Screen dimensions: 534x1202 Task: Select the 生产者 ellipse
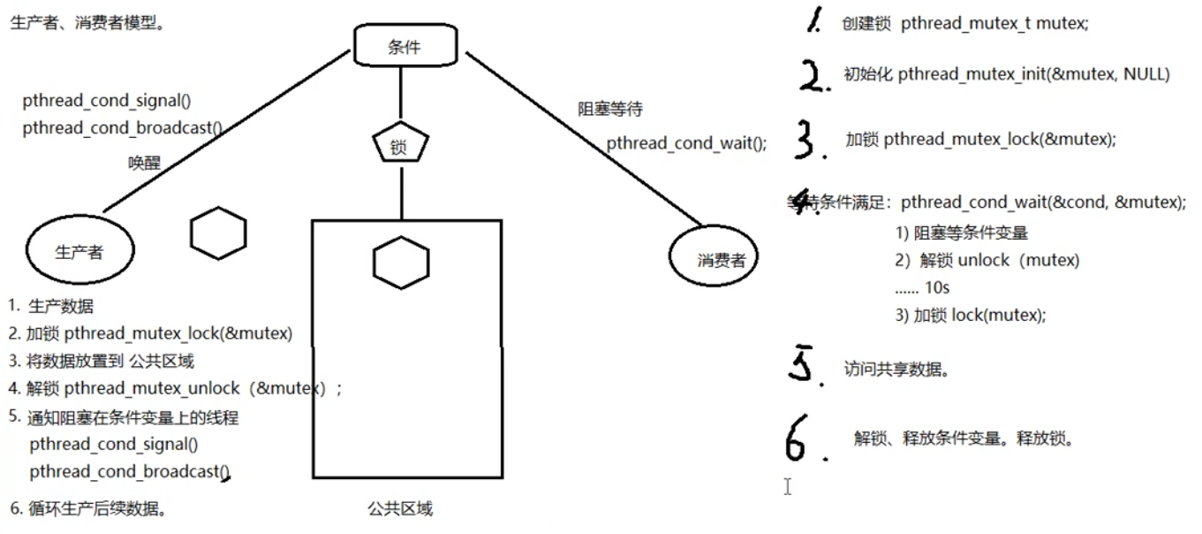(x=80, y=251)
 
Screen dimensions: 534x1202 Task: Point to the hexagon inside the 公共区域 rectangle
(x=401, y=263)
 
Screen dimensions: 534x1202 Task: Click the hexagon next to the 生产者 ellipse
(x=217, y=233)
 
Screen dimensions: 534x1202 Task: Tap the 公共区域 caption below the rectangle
(x=400, y=509)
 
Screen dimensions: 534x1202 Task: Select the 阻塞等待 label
(x=609, y=111)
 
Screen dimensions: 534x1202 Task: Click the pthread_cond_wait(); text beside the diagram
(x=686, y=142)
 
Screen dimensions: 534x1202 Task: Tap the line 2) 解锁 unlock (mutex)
(x=987, y=261)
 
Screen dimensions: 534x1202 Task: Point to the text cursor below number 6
(x=787, y=486)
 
